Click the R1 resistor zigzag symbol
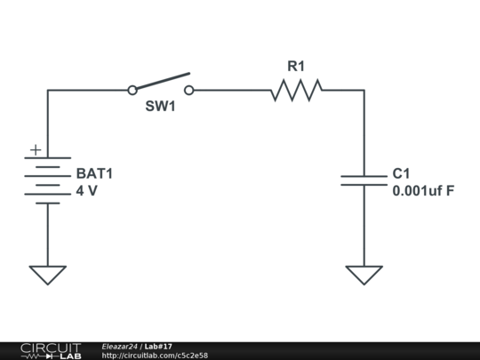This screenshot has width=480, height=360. coord(296,90)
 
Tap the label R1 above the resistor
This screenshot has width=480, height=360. coord(296,66)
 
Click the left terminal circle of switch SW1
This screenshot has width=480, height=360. coord(132,90)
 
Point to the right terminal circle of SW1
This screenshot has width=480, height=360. coord(188,90)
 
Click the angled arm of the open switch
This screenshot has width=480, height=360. coord(162,81)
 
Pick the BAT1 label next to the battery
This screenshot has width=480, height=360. coord(94,174)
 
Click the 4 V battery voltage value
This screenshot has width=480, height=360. coord(86,190)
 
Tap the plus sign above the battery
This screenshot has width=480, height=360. coord(35,150)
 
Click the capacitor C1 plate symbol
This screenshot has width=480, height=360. coord(364,180)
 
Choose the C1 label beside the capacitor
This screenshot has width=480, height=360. coord(401,174)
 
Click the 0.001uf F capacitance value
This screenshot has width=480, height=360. coord(423,190)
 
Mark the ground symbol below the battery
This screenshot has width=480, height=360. coord(48,275)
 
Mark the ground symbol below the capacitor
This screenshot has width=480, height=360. coord(364,275)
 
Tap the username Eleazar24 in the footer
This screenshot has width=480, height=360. coord(119,346)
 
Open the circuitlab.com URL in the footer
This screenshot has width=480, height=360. coord(155,356)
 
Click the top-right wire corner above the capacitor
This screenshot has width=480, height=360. coord(364,90)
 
